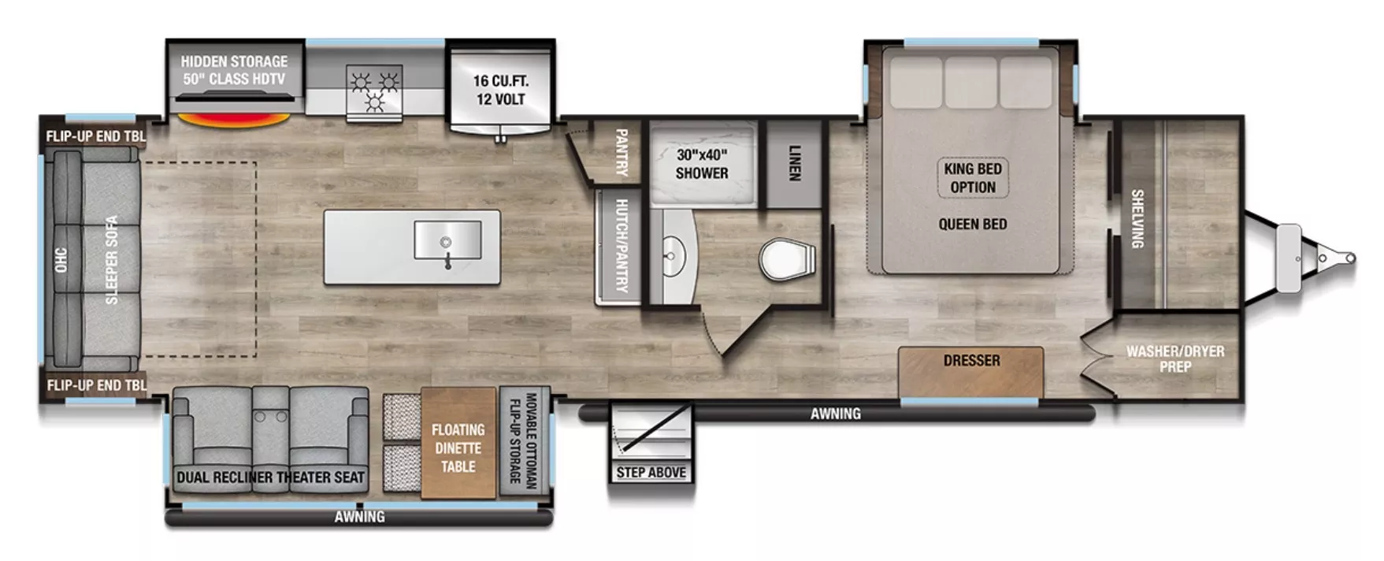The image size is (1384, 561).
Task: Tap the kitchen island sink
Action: tap(447, 241)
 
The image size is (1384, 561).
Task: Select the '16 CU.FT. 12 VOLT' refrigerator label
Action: tap(500, 90)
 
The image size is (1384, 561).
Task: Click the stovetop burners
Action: tap(374, 89)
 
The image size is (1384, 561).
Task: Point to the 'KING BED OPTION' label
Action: tap(973, 178)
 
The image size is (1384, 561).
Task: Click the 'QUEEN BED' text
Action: tap(973, 225)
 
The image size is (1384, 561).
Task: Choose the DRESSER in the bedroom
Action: tap(971, 370)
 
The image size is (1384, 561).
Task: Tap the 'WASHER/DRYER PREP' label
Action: tap(1174, 359)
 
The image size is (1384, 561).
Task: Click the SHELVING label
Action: tap(1137, 219)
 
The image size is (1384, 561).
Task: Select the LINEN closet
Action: tap(794, 163)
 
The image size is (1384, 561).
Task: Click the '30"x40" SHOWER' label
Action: tap(702, 164)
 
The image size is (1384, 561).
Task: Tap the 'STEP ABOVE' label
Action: tap(651, 472)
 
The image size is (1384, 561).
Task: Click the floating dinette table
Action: tap(458, 448)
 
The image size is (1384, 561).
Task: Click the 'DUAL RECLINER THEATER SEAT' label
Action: tap(270, 477)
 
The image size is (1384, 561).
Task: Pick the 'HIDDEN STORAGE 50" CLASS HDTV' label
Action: tap(234, 70)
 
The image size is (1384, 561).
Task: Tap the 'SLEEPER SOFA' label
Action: tap(111, 260)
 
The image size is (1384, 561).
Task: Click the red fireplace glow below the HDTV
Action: tap(234, 120)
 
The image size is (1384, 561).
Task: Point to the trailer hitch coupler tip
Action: tap(1350, 258)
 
